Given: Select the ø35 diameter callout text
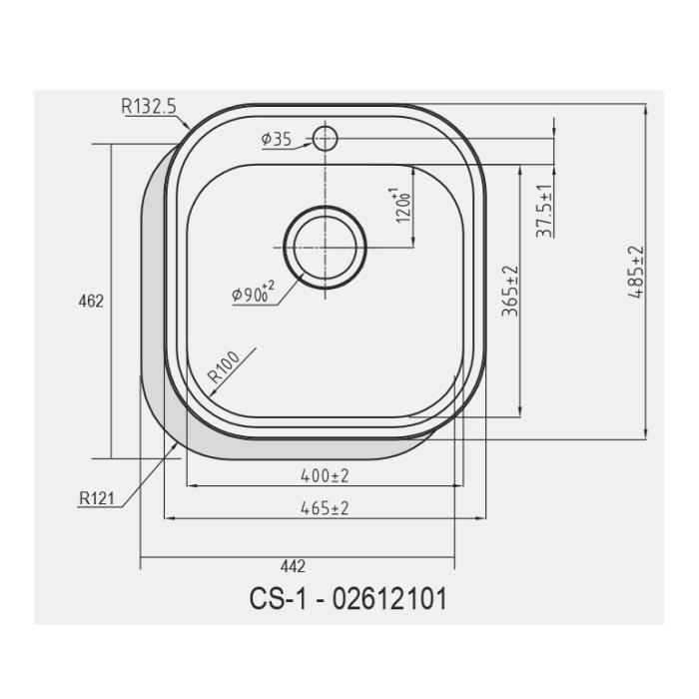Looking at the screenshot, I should pyautogui.click(x=276, y=141).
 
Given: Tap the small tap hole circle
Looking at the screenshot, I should pyautogui.click(x=325, y=139).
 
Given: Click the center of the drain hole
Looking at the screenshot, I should pyautogui.click(x=325, y=246).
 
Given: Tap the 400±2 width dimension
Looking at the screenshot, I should pyautogui.click(x=325, y=475).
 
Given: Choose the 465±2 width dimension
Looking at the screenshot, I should pyautogui.click(x=325, y=508).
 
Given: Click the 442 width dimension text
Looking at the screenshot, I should pyautogui.click(x=293, y=566).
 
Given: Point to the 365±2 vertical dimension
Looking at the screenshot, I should pyautogui.click(x=510, y=291).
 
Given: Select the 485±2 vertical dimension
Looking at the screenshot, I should pyautogui.click(x=636, y=274).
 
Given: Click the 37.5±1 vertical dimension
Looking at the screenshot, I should pyautogui.click(x=544, y=211).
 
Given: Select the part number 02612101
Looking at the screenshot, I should pyautogui.click(x=388, y=599).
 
